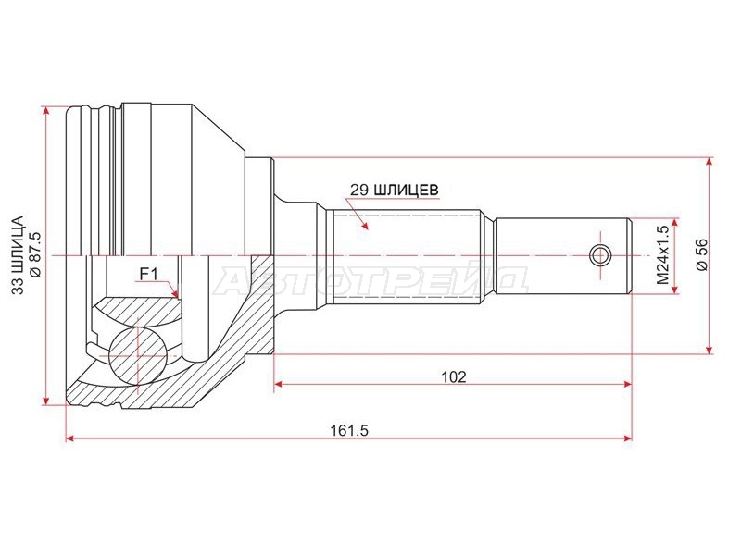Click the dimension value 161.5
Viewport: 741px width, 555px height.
point(349,430)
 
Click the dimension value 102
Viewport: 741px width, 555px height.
point(453,376)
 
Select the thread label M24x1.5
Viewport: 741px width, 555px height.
point(663,255)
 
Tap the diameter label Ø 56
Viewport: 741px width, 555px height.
point(702,255)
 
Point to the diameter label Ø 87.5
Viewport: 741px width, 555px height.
point(36,255)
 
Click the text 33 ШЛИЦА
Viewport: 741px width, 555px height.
point(18,255)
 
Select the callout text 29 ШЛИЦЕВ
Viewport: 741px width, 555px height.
point(395,190)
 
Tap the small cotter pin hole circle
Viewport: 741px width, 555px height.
point(600,256)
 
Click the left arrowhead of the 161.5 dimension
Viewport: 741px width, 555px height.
point(70,438)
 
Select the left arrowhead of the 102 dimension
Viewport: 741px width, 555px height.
point(279,384)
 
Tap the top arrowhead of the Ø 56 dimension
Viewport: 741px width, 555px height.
point(709,162)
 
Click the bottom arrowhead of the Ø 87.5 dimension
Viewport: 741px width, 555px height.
point(45,401)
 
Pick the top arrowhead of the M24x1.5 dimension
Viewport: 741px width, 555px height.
point(674,222)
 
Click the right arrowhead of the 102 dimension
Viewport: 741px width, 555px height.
point(627,384)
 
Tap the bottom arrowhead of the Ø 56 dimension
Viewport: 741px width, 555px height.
point(709,349)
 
